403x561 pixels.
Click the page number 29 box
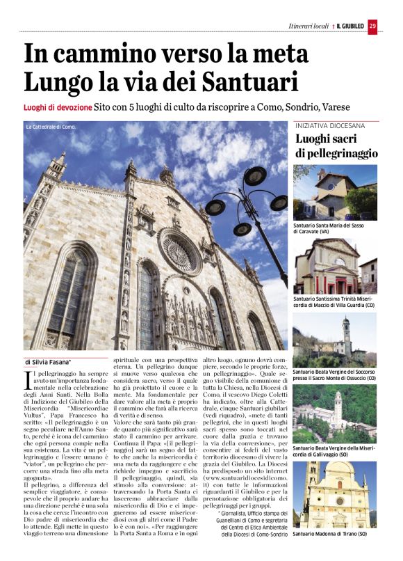pos(372,26)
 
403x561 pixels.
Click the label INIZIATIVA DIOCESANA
pos(330,126)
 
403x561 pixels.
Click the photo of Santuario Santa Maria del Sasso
pos(335,192)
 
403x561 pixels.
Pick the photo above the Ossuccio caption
pos(335,339)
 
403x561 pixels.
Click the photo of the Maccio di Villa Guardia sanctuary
pos(335,266)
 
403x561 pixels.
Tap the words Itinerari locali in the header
pos(309,26)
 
